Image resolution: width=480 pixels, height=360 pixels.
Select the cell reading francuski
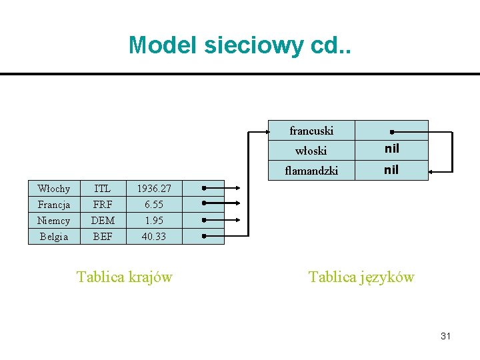pos(311,131)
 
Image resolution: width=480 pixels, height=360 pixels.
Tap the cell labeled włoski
pos(311,151)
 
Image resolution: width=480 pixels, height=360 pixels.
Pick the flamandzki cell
pos(311,171)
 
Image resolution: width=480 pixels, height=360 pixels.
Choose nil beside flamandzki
pos(391,170)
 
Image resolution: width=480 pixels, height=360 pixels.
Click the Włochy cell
pos(54,189)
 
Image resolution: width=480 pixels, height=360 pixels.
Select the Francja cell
pos(54,205)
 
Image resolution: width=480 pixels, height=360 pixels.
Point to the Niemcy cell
pos(54,221)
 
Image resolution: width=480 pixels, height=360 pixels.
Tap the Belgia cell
pos(54,237)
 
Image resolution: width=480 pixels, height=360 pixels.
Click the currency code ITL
pos(103,189)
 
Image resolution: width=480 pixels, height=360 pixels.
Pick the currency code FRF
pos(103,205)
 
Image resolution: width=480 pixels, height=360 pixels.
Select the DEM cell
pos(103,221)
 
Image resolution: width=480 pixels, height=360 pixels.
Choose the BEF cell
pos(103,237)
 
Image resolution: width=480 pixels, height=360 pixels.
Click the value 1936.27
pos(154,189)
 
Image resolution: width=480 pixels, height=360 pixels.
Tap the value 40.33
pos(154,237)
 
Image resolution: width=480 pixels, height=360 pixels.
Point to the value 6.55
pos(154,205)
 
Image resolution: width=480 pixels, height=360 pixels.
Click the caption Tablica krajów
pos(125,277)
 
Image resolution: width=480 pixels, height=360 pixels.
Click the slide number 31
pos(445,336)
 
